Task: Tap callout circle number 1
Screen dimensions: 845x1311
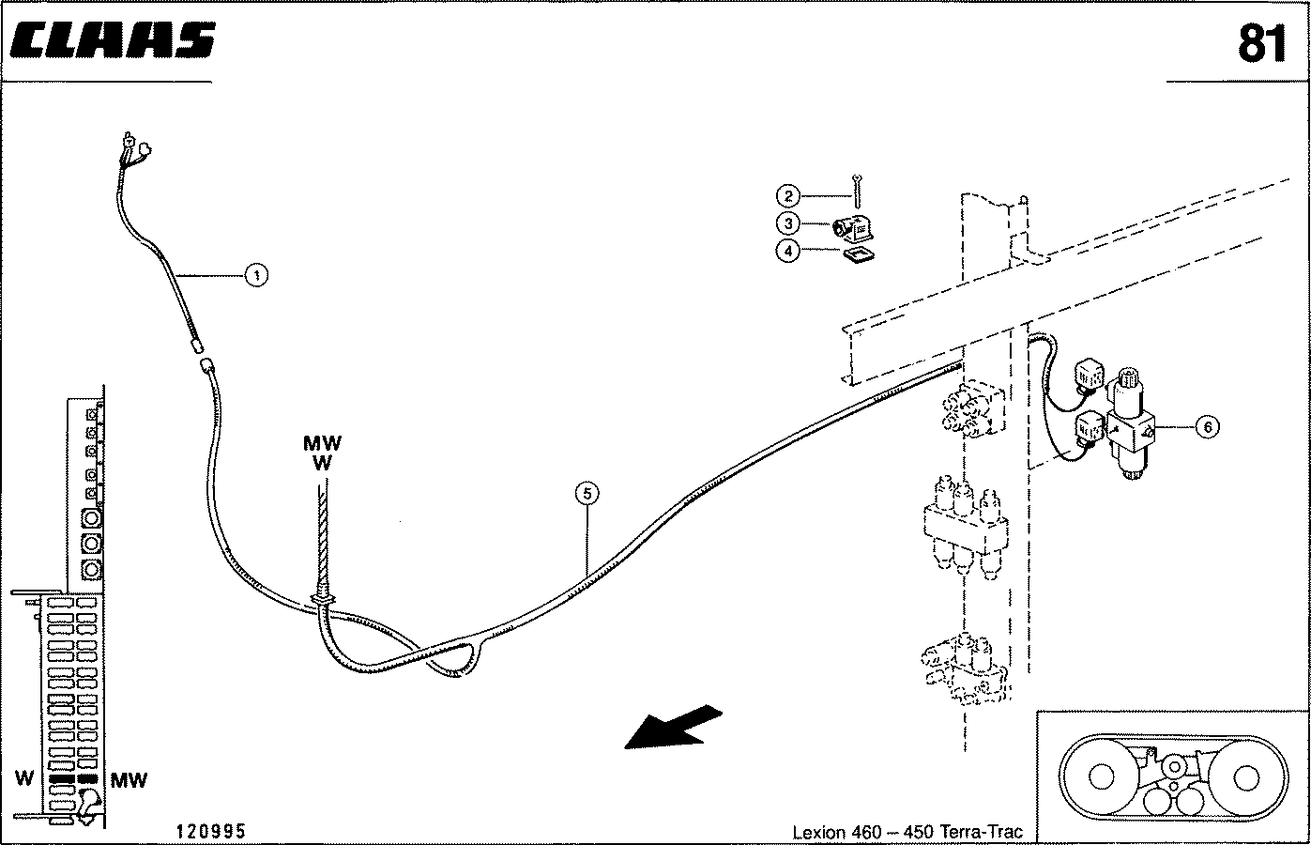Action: (x=254, y=275)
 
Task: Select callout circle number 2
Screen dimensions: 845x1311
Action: (x=788, y=196)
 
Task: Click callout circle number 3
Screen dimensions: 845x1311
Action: (x=788, y=223)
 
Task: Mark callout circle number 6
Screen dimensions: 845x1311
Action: (x=1207, y=427)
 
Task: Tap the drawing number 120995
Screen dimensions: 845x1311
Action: (x=210, y=831)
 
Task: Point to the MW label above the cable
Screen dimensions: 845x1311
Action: (x=322, y=442)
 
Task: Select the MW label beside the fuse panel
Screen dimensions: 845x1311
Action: (x=129, y=779)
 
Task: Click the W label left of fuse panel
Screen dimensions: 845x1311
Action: (x=25, y=779)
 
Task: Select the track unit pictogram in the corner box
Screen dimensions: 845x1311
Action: (x=1170, y=776)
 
